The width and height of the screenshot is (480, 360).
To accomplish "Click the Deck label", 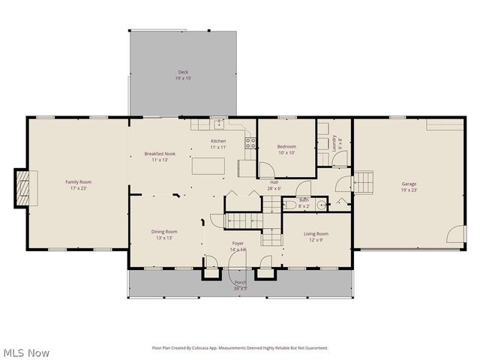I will click(183, 72).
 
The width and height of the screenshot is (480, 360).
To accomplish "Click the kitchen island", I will click(206, 165).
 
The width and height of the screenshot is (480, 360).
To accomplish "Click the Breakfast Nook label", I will click(160, 154).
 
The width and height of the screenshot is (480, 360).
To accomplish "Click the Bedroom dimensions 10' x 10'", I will click(286, 153).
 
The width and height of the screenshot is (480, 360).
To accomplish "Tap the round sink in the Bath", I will click(320, 204).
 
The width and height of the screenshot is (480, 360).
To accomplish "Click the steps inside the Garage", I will click(363, 182).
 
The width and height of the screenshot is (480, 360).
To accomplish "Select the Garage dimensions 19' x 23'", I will click(409, 190).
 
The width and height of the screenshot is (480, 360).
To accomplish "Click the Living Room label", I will click(316, 234).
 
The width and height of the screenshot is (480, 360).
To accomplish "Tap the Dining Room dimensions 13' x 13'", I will click(164, 238).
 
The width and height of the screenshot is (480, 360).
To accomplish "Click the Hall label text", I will click(275, 182).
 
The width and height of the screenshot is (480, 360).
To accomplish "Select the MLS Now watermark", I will click(27, 352).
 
